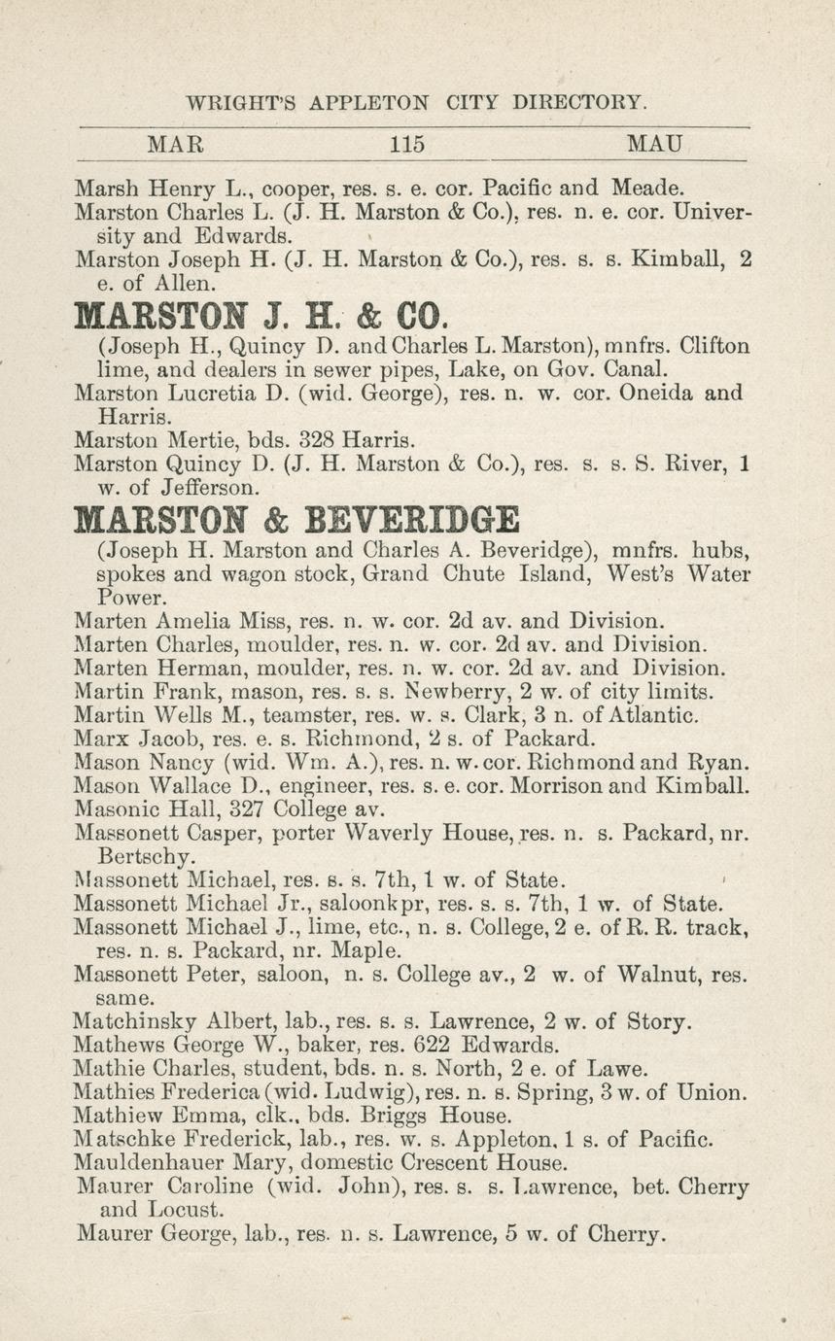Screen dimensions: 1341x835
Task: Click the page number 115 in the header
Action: pyautogui.click(x=407, y=146)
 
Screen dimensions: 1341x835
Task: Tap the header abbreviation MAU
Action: pyautogui.click(x=655, y=146)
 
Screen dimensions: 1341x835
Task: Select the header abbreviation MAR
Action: pyautogui.click(x=175, y=146)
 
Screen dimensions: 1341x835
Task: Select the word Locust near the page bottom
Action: pyautogui.click(x=190, y=1211)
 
